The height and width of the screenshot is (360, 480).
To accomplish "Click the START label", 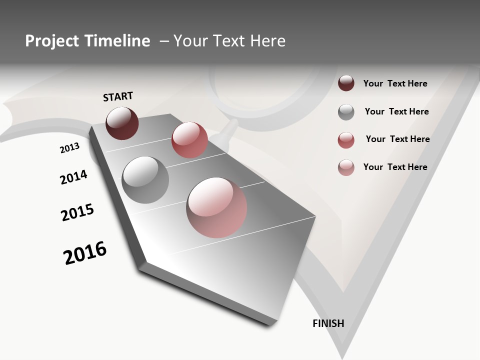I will (118, 96).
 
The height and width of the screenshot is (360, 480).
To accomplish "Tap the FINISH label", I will (328, 323).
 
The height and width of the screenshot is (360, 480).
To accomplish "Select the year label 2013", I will (70, 148).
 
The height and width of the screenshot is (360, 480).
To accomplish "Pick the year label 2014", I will (74, 177).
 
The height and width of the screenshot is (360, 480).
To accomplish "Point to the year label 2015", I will (77, 212).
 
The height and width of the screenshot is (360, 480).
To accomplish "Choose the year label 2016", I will (85, 252).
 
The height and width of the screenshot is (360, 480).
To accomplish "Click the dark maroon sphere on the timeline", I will (122, 123).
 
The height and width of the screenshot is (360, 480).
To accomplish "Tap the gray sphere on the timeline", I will (145, 180).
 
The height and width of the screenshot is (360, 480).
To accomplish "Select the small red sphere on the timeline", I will (189, 140).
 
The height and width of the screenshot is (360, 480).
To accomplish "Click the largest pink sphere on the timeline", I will (216, 207).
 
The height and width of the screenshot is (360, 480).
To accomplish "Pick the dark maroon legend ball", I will (346, 83).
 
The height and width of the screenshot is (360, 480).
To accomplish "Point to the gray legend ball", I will (346, 112).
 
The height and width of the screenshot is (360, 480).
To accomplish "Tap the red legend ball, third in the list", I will (346, 140).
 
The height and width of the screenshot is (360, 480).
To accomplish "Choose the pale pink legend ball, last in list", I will (346, 167).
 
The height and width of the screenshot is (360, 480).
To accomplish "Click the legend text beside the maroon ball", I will (395, 83).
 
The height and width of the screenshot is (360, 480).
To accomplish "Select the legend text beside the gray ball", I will (396, 111).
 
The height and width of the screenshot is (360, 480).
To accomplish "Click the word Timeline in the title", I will (117, 41).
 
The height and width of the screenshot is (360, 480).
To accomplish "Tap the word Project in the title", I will (50, 41).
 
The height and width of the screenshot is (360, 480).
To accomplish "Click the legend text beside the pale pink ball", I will (395, 167).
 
